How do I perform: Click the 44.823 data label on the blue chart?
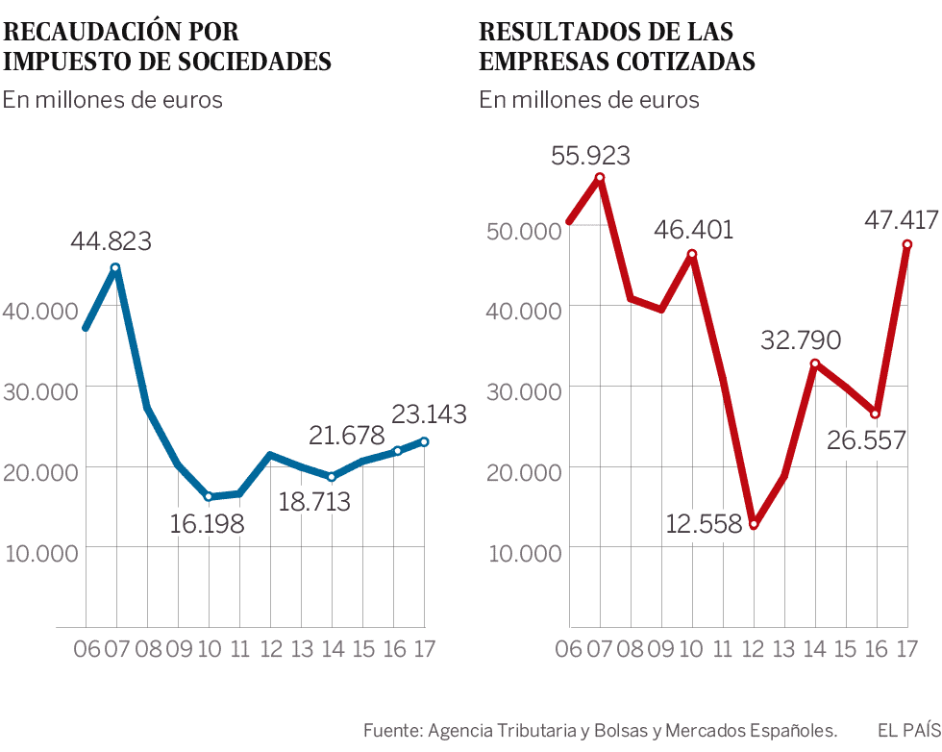[111, 241]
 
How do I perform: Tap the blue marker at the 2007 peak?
[115, 268]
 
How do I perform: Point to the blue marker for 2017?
[424, 441]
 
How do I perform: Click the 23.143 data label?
[429, 414]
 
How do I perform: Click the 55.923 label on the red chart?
[590, 155]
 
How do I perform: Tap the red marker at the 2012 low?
[754, 524]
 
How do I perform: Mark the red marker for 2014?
[815, 363]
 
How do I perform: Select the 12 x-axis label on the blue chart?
[270, 649]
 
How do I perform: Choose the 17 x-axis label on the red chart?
[905, 649]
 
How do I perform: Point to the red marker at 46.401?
[692, 255]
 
